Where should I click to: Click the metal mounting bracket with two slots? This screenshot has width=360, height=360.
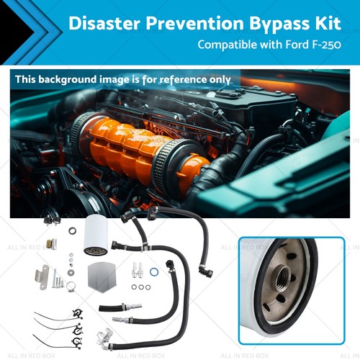(41, 277)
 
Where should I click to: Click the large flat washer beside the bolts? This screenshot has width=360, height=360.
(72, 231)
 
